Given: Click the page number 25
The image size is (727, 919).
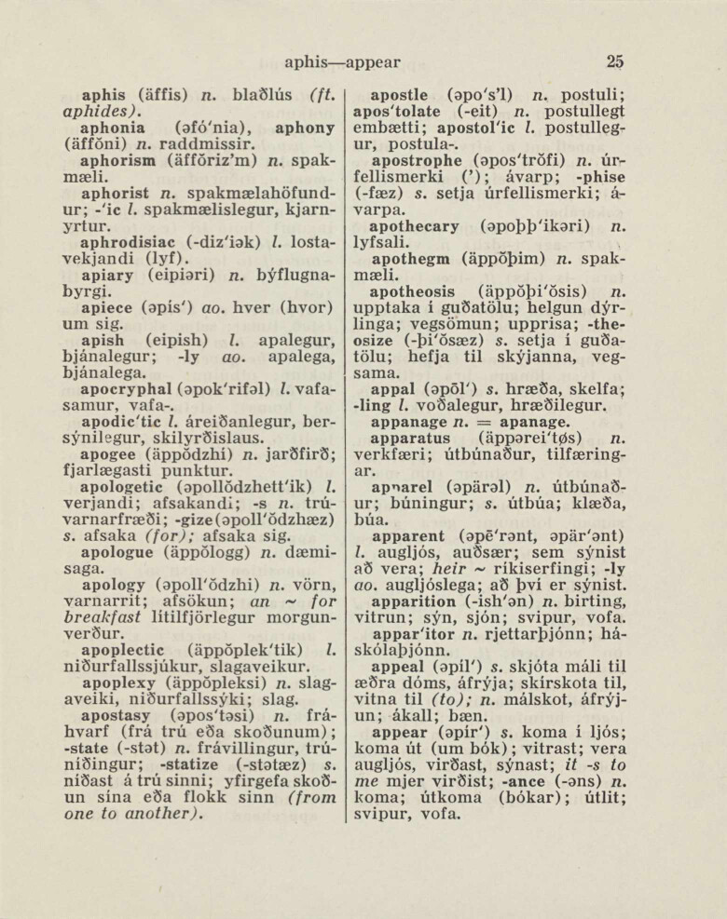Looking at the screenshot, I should point(613,62).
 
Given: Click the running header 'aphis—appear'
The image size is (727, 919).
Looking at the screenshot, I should point(342,62).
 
